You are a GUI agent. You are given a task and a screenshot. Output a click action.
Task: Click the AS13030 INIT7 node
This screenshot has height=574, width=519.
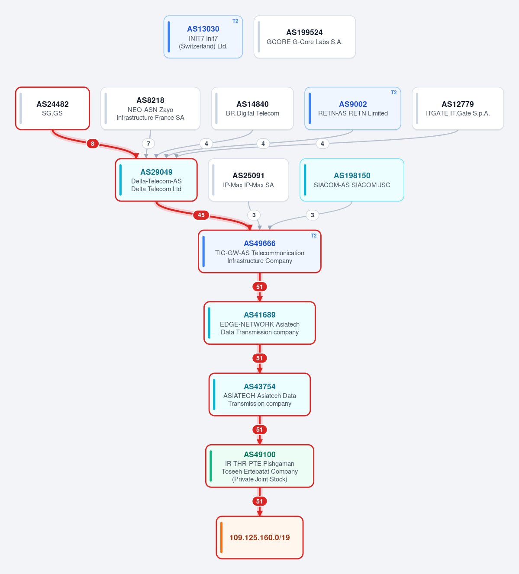click(203, 37)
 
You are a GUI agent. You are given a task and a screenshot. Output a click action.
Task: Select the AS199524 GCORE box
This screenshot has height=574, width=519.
click(304, 37)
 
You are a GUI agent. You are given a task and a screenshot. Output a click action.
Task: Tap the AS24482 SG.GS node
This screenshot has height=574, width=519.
click(53, 109)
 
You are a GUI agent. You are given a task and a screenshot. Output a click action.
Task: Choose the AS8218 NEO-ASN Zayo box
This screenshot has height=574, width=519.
click(150, 109)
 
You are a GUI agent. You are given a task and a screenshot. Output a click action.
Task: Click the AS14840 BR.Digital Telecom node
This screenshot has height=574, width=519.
click(252, 109)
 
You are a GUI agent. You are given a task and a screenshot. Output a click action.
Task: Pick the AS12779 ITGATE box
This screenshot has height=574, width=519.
click(458, 109)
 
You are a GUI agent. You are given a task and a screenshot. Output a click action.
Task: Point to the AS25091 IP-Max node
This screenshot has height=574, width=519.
click(248, 180)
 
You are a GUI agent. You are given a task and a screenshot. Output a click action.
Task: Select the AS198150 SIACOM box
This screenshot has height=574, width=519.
click(352, 180)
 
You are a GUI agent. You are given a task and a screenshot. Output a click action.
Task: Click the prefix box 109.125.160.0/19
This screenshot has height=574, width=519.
click(260, 537)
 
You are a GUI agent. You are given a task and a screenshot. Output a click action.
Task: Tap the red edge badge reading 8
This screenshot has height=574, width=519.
click(93, 144)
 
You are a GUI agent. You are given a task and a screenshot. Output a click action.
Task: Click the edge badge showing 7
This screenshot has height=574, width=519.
click(148, 144)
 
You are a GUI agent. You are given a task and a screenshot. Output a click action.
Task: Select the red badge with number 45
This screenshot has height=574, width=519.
click(201, 215)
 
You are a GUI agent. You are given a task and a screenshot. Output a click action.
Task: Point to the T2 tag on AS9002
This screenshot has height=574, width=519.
click(394, 93)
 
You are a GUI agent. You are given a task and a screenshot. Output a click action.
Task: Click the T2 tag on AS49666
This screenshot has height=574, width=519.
click(314, 235)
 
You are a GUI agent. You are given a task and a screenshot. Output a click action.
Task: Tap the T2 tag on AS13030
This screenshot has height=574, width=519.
click(235, 21)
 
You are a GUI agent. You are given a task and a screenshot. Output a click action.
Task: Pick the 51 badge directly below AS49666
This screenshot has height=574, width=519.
click(260, 287)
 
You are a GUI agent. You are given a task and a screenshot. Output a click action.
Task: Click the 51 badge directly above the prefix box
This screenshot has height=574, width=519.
click(260, 501)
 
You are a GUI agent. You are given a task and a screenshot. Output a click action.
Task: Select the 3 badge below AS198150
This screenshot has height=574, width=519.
click(313, 215)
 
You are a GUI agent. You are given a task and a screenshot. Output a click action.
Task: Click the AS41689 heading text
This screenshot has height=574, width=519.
click(260, 315)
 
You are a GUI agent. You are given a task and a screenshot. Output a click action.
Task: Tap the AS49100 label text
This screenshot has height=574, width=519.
click(260, 454)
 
